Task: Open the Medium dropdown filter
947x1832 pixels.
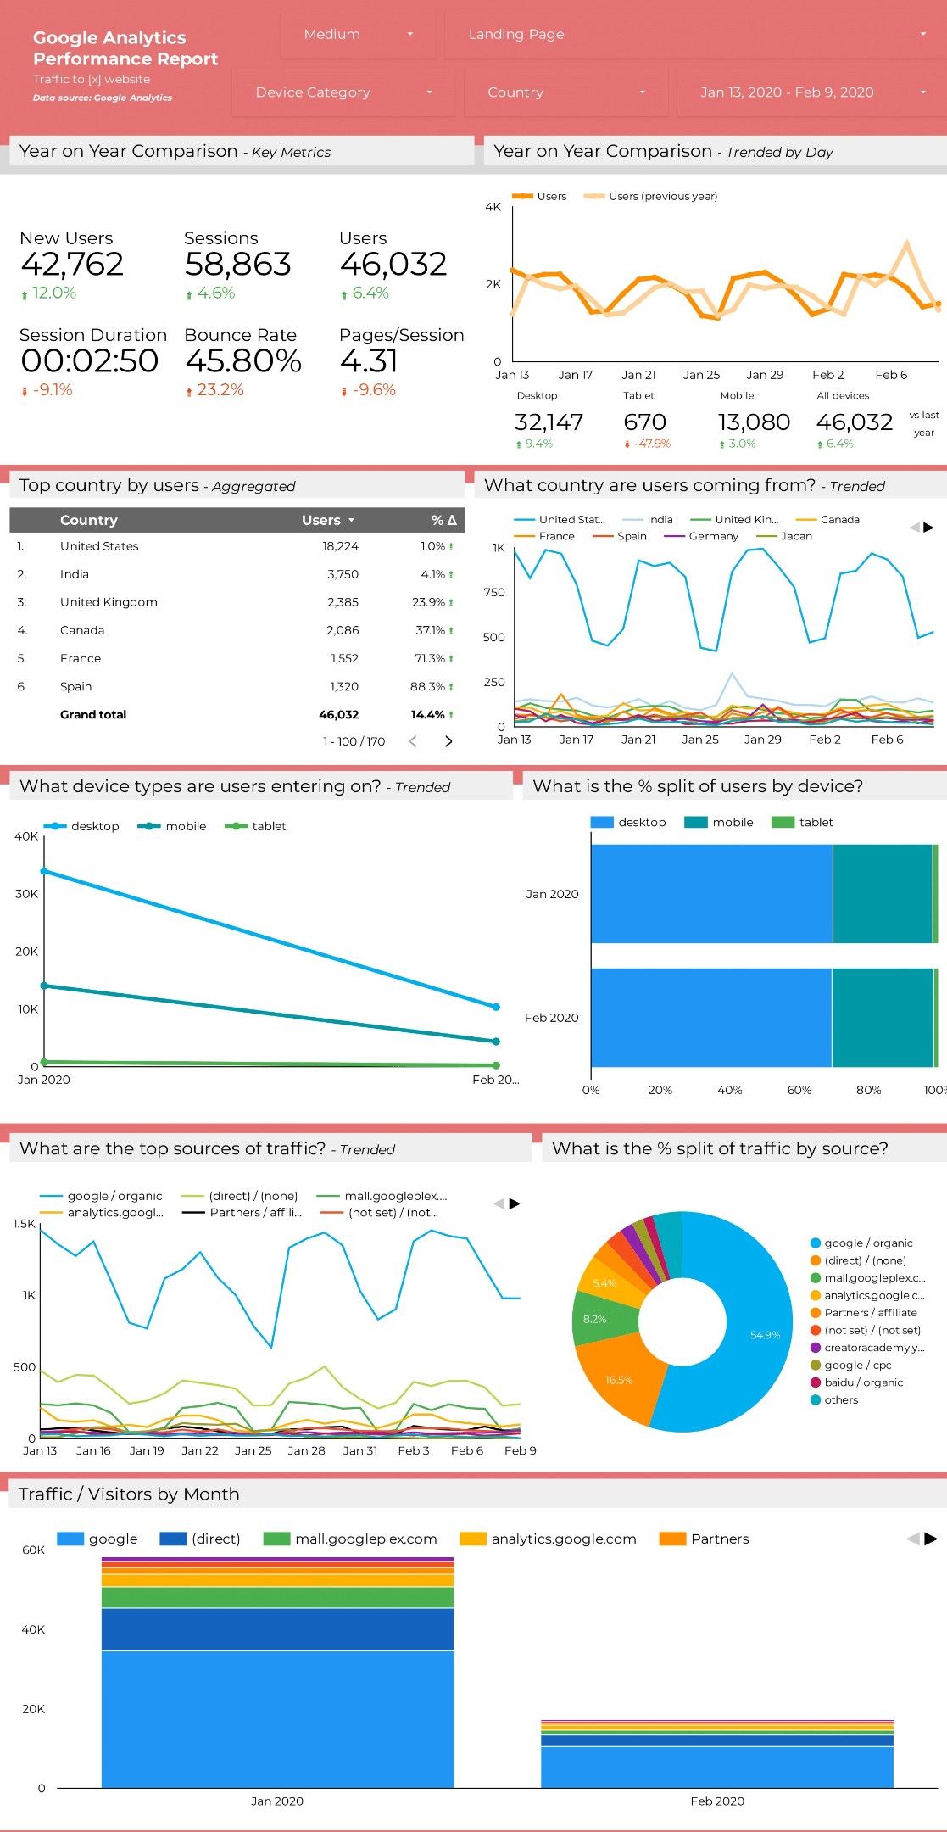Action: coord(357,35)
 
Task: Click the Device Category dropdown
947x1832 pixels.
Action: coord(343,92)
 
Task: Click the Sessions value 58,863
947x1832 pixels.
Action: coord(238,265)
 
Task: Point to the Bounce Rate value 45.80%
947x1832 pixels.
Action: coord(243,361)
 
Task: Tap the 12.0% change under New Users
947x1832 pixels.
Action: coord(53,293)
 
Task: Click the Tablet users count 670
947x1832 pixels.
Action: coord(644,422)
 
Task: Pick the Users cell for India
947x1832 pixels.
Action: coord(343,574)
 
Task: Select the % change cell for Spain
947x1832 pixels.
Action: coord(432,686)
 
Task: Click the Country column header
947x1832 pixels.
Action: coord(88,520)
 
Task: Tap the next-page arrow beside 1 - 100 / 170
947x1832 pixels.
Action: coord(448,741)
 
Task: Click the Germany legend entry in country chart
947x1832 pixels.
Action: coord(713,536)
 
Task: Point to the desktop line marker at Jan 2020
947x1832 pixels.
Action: coord(44,871)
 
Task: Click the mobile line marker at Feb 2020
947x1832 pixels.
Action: coord(496,1042)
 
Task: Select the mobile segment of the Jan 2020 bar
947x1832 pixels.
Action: coord(882,894)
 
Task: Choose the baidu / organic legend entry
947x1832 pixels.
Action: coord(863,1382)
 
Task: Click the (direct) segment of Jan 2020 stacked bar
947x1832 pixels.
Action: coord(277,1628)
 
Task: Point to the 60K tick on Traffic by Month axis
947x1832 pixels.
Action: coord(33,1550)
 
